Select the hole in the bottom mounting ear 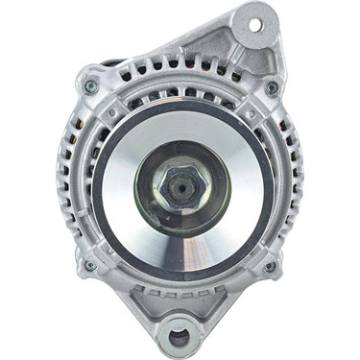pyautogui.click(x=180, y=337)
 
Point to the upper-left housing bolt pyautogui.click(x=91, y=86)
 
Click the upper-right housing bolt pyautogui.click(x=272, y=87)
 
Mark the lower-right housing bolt pyautogui.click(x=269, y=267)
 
